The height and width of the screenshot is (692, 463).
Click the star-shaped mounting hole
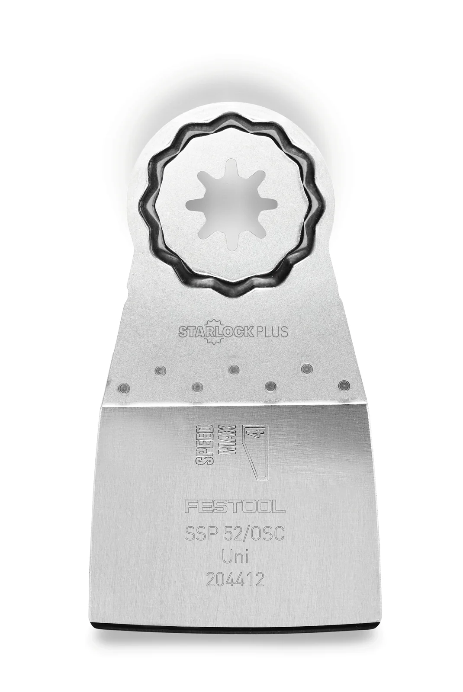point(231,204)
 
